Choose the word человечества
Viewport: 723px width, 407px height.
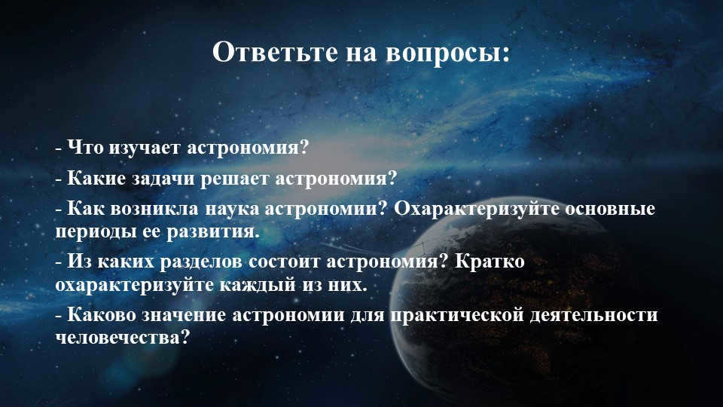[120, 338]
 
